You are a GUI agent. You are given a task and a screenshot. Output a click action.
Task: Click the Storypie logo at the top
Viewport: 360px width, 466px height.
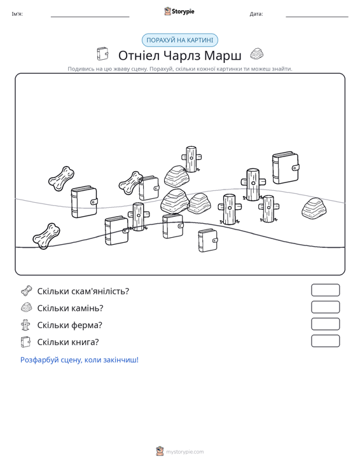coord(179,11)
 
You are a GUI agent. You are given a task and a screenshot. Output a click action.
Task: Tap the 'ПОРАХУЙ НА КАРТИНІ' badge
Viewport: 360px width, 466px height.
coord(180,40)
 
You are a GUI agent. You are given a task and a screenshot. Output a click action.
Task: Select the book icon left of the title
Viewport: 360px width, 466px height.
coord(102,54)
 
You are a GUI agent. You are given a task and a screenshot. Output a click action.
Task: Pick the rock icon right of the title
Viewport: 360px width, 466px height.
coord(256,54)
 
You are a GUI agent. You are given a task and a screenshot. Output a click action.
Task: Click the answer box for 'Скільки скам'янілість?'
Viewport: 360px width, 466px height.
coord(325,290)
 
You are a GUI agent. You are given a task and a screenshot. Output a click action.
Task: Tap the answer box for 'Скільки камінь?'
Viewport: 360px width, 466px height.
coord(325,307)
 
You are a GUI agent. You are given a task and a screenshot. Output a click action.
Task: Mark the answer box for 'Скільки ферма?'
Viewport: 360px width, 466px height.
coord(325,324)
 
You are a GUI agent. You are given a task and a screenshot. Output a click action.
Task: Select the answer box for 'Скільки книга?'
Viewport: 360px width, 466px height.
coord(325,341)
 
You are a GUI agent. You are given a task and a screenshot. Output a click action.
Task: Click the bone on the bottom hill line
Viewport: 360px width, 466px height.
coord(46,236)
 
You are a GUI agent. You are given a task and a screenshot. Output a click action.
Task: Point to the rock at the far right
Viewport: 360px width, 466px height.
coord(314,209)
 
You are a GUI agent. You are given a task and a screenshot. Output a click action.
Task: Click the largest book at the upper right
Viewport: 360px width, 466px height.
coord(286,168)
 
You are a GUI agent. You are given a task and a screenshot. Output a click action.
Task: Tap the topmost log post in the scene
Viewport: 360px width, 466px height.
coord(191,159)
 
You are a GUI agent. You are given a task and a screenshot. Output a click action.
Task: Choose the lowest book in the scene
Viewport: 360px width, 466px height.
coord(208,240)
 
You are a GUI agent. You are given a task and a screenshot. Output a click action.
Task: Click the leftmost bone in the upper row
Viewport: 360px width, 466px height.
coord(61,179)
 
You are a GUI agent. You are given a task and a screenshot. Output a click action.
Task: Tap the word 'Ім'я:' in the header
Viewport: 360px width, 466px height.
coord(17,14)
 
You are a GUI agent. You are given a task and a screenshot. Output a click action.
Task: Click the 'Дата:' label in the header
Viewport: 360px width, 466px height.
coord(256,14)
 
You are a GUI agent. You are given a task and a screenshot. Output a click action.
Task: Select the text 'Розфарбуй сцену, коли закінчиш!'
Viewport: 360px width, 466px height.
coord(80,360)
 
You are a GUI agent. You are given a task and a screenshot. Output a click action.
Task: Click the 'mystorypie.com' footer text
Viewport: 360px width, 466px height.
coord(185,452)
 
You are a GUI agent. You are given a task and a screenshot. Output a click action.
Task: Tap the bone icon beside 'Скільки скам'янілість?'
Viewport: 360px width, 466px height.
coord(27,291)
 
